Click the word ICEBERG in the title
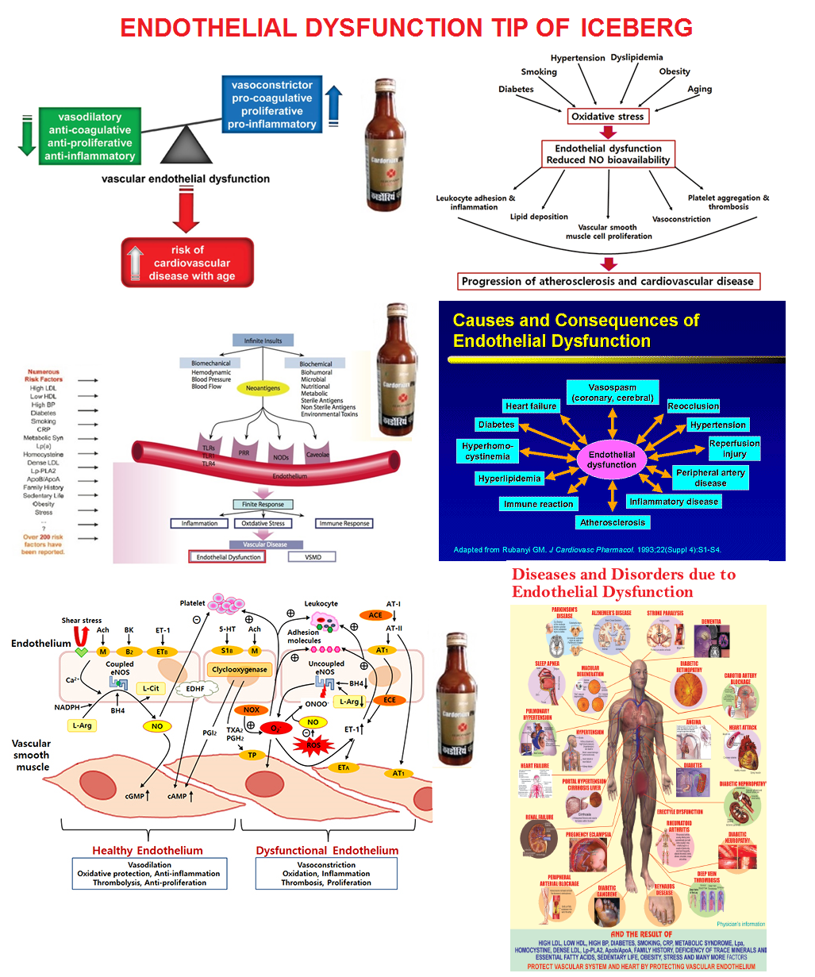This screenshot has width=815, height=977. pyautogui.click(x=636, y=28)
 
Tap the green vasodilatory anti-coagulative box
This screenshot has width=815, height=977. pyautogui.click(x=90, y=137)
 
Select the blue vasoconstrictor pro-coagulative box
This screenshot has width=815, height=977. pyautogui.click(x=271, y=104)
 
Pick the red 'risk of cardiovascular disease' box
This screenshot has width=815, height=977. pyautogui.click(x=188, y=263)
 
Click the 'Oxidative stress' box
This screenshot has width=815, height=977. pyautogui.click(x=608, y=117)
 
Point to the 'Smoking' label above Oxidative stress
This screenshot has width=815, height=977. pyautogui.click(x=539, y=72)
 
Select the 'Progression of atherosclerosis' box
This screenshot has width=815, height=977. pyautogui.click(x=608, y=281)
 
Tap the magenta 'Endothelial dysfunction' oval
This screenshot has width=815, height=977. pyautogui.click(x=612, y=460)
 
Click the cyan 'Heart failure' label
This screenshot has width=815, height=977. pyautogui.click(x=531, y=406)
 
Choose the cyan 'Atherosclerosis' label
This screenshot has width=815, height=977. pyautogui.click(x=613, y=522)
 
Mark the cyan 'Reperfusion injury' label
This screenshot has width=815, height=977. pyautogui.click(x=734, y=448)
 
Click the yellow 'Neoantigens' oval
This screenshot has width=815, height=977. pyautogui.click(x=263, y=389)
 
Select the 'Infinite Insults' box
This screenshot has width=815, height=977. pyautogui.click(x=263, y=340)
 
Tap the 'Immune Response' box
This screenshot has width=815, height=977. pyautogui.click(x=344, y=524)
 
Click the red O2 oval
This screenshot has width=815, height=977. pyautogui.click(x=276, y=728)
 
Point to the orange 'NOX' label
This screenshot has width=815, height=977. pyautogui.click(x=252, y=710)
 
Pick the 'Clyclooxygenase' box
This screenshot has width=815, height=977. pyautogui.click(x=240, y=670)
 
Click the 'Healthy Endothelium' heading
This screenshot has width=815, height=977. pyautogui.click(x=148, y=850)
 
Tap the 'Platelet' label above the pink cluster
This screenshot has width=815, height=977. pyautogui.click(x=193, y=604)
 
